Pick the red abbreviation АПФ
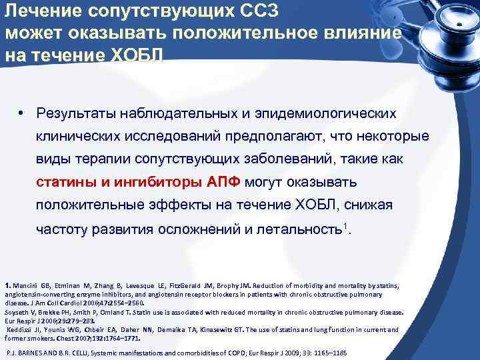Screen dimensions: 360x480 coord(223,182)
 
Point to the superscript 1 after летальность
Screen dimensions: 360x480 coord(344,226)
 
